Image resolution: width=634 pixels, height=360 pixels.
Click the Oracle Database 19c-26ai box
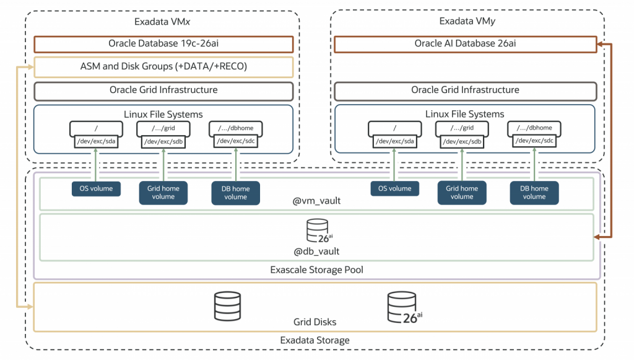(163, 44)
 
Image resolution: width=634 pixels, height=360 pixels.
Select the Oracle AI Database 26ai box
(464, 44)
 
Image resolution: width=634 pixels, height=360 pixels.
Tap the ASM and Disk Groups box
(163, 67)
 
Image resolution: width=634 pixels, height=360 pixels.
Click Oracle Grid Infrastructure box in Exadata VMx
(163, 90)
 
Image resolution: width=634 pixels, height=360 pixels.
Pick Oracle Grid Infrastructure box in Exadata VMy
(464, 90)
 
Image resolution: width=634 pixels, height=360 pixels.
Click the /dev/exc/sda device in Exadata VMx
(95, 141)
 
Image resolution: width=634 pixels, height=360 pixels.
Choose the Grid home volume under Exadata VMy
(462, 193)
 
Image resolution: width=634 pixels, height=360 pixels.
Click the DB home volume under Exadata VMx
(235, 193)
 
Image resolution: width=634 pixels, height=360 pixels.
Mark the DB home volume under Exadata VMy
(534, 193)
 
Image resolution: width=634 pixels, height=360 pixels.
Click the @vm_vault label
(316, 201)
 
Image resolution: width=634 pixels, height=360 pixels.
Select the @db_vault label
(316, 251)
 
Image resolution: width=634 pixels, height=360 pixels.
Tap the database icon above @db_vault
(317, 233)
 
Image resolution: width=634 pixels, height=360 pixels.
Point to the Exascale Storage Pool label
(316, 270)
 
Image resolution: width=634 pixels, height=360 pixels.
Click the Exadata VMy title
(467, 21)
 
